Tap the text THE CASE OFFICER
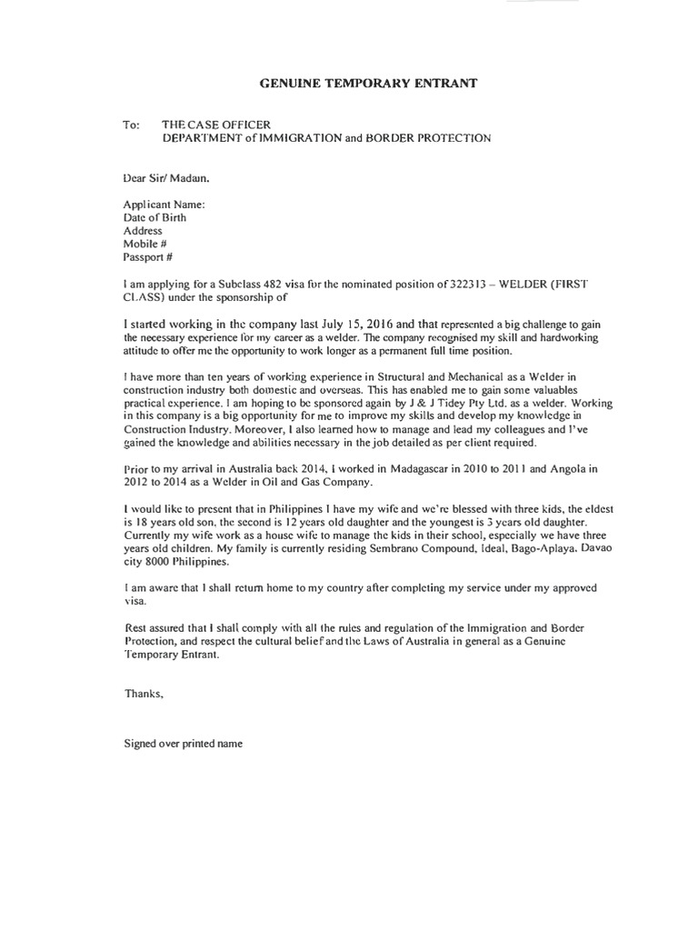[215, 125]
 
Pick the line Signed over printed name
[183, 743]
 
